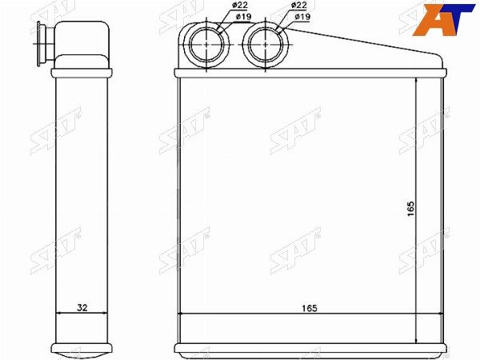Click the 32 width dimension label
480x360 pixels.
pyautogui.click(x=82, y=307)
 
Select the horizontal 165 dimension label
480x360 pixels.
pyautogui.click(x=310, y=308)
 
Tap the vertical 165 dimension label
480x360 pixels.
pyautogui.click(x=410, y=209)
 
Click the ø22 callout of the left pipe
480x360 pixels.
pyautogui.click(x=240, y=6)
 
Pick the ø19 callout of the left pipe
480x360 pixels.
pyautogui.click(x=244, y=17)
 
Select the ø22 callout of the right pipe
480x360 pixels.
pyautogui.click(x=299, y=6)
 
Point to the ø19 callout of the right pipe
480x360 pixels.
pyautogui.click(x=302, y=17)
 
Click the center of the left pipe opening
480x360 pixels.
pyautogui.click(x=206, y=44)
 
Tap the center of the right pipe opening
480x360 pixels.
pyautogui.click(x=266, y=44)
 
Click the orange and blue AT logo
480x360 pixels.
pyautogui.click(x=443, y=19)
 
